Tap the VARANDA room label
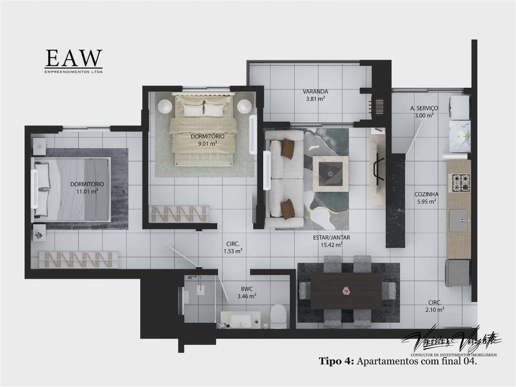click(x=315, y=92)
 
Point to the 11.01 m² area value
click(x=87, y=191)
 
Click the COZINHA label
click(x=426, y=194)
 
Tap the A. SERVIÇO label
click(x=424, y=108)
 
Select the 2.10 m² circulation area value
click(x=434, y=309)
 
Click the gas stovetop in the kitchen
click(x=459, y=183)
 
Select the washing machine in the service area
click(x=459, y=104)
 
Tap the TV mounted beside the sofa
click(x=268, y=165)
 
